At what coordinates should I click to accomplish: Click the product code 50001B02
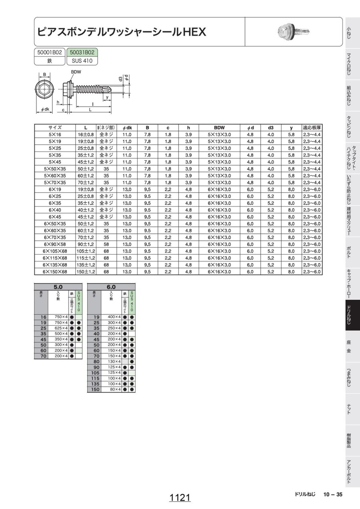[50, 52]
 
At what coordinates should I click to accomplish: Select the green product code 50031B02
[82, 52]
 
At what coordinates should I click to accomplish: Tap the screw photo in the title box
[294, 32]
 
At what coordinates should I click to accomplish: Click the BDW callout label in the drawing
[76, 72]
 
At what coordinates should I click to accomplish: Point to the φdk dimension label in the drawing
[45, 109]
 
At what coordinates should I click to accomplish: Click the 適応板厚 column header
[312, 128]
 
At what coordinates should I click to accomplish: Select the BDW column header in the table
[219, 128]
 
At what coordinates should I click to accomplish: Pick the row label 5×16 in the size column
[55, 134]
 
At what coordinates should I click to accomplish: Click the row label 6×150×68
[55, 272]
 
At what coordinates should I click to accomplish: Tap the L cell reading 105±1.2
[86, 251]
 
